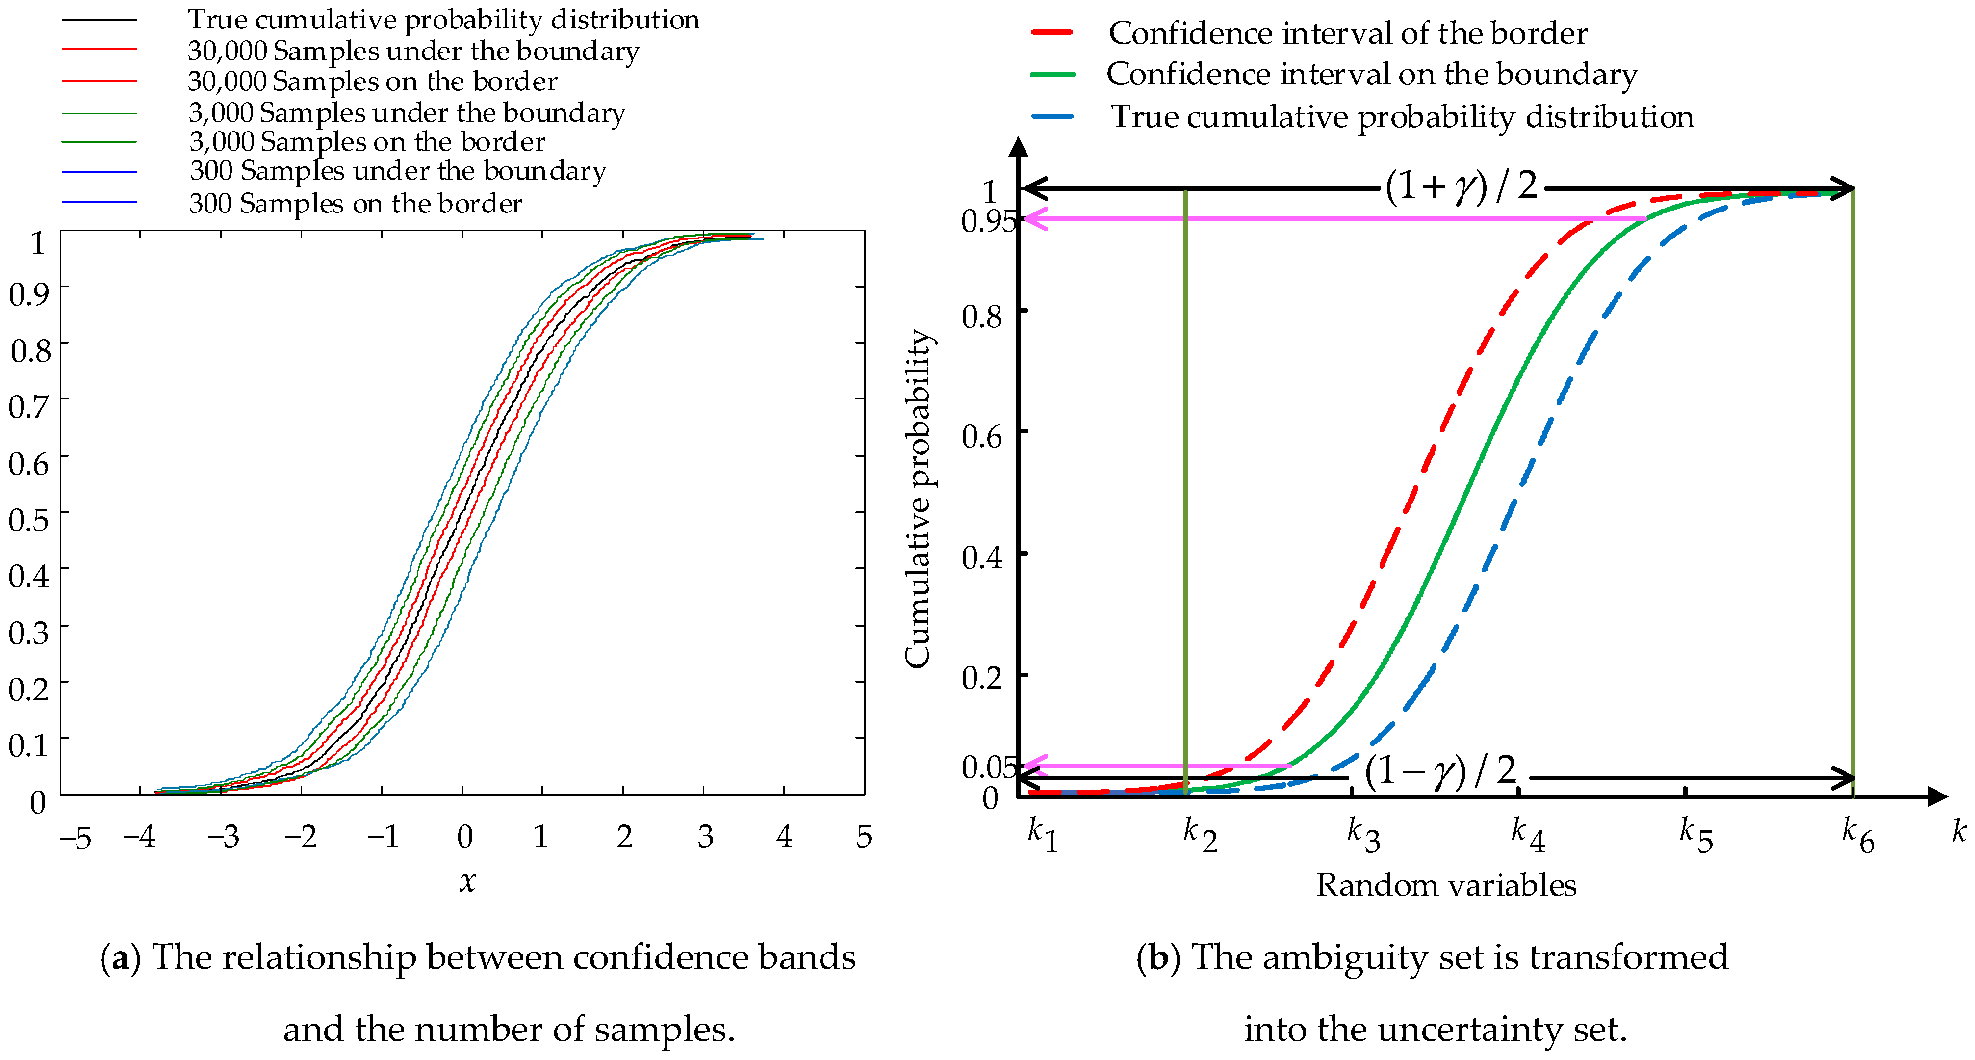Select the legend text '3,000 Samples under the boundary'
tap(407, 113)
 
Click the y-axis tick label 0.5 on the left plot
tap(29, 520)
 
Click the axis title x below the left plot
tap(467, 882)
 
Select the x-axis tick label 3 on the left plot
tap(705, 837)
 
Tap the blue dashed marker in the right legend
tap(1052, 117)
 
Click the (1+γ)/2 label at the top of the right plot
tap(1461, 186)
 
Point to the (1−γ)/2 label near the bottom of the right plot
tap(1440, 770)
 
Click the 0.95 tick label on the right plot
tap(988, 222)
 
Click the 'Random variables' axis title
tap(1446, 886)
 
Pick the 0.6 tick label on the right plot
tap(982, 437)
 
